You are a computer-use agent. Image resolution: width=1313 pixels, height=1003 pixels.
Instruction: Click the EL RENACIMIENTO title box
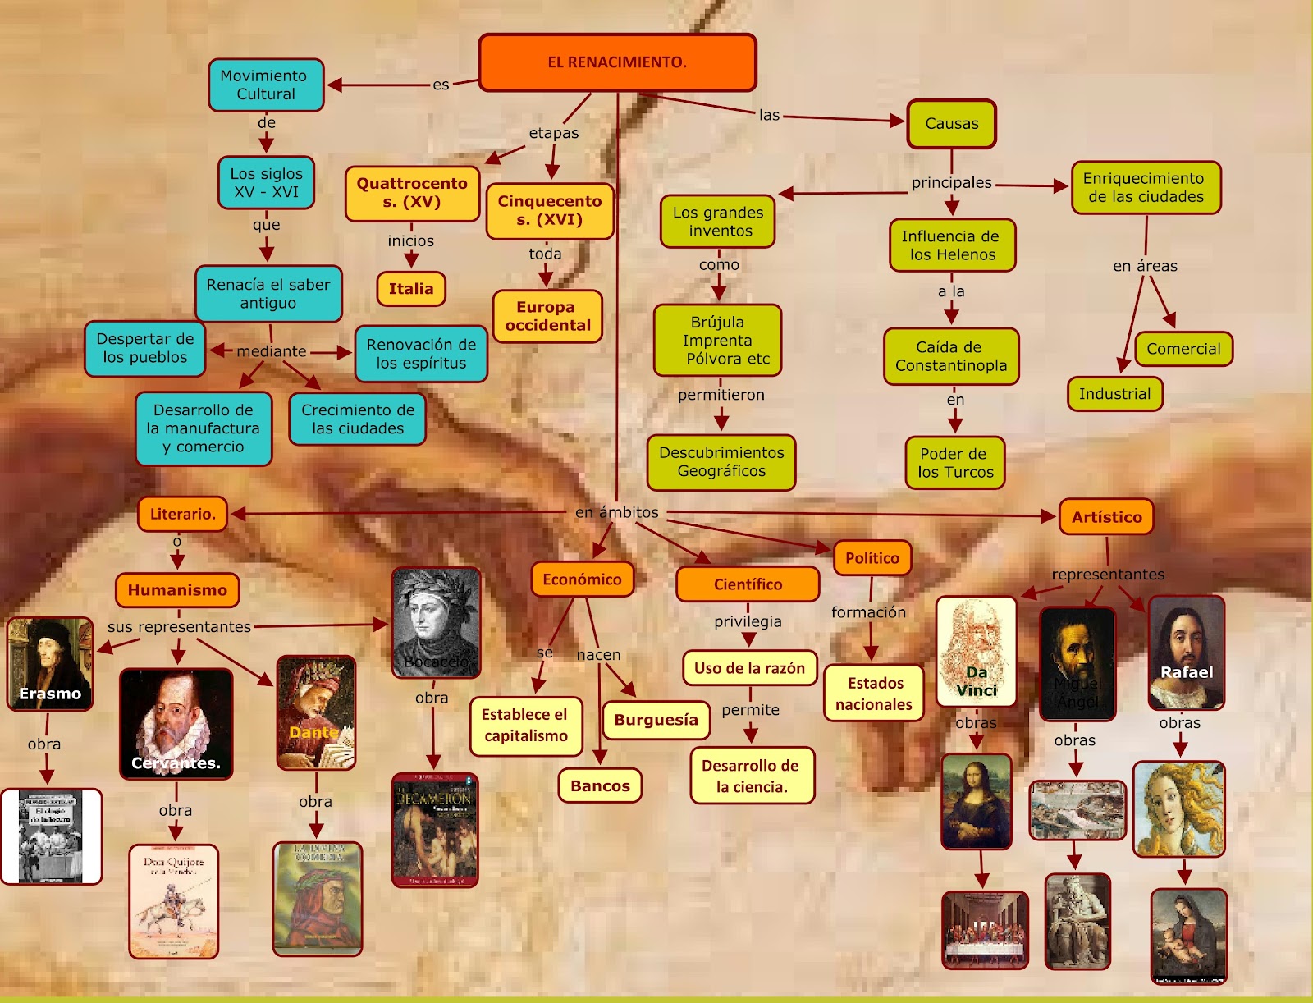[617, 62]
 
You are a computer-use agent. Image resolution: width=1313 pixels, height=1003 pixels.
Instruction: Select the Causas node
[951, 124]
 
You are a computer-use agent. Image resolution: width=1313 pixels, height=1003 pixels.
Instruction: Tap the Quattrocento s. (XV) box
[412, 193]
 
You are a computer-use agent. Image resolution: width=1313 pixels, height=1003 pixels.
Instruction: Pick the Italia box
[411, 289]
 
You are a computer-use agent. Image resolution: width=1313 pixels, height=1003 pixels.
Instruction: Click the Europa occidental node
[547, 316]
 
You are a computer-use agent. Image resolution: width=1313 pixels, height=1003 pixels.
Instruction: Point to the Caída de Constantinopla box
[951, 356]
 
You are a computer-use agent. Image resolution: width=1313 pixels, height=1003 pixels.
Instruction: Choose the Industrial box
[1114, 394]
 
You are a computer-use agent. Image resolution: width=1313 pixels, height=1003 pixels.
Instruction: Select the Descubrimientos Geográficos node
[721, 462]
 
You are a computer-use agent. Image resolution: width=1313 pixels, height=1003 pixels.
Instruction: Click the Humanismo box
[177, 590]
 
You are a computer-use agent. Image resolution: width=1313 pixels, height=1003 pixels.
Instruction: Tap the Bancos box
[600, 785]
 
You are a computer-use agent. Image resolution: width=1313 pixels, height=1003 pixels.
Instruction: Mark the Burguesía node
[656, 720]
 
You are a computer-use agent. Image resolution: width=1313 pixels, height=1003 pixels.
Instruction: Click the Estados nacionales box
[874, 694]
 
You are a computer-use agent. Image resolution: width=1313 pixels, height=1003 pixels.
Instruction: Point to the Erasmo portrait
[50, 663]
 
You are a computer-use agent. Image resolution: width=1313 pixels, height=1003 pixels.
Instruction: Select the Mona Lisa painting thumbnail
[977, 801]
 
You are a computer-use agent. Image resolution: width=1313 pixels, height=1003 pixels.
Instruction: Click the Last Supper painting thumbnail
[985, 929]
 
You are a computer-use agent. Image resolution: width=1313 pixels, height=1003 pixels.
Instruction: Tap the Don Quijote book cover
[174, 901]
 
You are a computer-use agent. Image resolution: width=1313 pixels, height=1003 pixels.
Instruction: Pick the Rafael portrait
[1186, 653]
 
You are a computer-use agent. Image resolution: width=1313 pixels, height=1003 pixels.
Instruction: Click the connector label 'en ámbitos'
[617, 512]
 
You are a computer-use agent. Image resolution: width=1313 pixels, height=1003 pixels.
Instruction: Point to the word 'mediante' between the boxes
[272, 351]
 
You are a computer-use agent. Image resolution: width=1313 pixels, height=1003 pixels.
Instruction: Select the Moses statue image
[1077, 921]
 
